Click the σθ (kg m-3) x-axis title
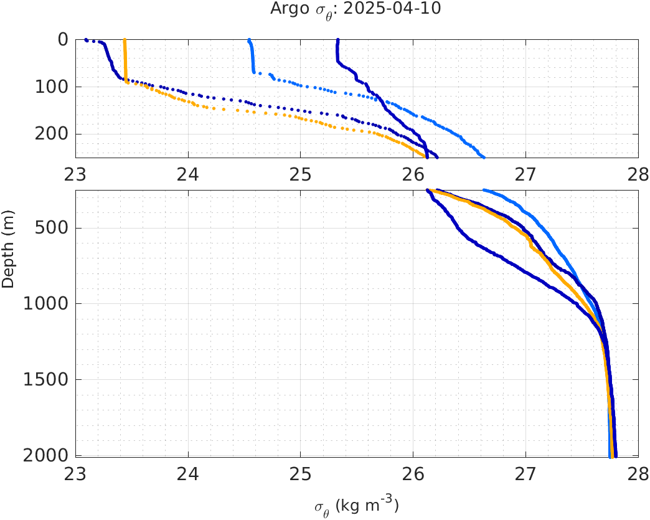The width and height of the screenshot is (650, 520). (x=357, y=506)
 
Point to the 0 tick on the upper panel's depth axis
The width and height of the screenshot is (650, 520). (x=63, y=39)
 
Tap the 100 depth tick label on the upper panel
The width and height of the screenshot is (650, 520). (x=54, y=87)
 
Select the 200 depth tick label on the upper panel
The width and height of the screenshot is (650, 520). (x=54, y=134)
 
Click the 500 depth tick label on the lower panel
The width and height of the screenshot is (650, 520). (x=54, y=228)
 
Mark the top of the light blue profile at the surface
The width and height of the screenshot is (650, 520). (x=249, y=40)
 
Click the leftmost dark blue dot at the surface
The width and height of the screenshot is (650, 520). (x=86, y=40)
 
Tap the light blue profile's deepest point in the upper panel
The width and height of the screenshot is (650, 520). (x=483, y=156)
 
